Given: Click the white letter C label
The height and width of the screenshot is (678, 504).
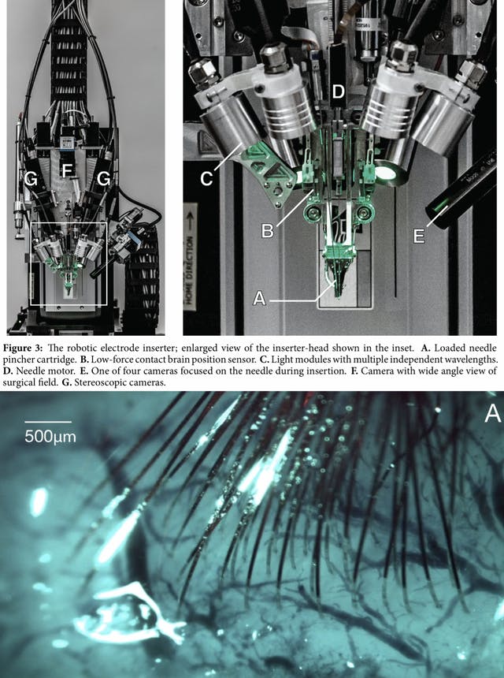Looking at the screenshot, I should [x=206, y=178].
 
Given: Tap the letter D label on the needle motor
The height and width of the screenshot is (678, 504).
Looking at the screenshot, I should [x=338, y=92].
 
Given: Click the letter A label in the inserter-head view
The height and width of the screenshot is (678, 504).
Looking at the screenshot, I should [x=258, y=298].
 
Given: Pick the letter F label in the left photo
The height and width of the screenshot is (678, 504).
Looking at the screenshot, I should [x=67, y=169].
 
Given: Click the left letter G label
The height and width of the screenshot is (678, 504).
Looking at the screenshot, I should [x=31, y=179].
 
